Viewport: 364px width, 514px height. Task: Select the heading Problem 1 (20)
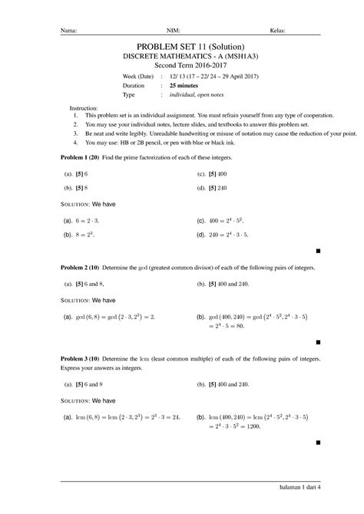coord(83,157)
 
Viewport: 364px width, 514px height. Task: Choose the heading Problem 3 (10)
coord(83,359)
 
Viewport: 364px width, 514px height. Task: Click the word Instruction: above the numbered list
coord(84,109)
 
